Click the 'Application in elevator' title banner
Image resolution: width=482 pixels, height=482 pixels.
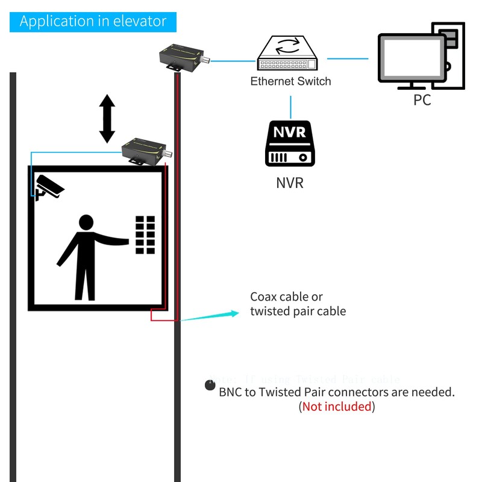click(93, 21)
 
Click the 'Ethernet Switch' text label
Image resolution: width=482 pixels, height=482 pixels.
click(290, 81)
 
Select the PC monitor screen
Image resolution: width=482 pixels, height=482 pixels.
click(412, 58)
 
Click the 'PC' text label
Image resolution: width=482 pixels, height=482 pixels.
click(422, 100)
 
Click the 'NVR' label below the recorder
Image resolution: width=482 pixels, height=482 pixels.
click(290, 183)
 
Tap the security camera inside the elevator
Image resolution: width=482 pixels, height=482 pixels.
click(48, 187)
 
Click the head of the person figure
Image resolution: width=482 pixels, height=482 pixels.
click(86, 223)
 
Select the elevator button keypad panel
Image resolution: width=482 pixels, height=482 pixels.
click(145, 234)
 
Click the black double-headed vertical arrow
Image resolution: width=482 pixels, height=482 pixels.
click(107, 118)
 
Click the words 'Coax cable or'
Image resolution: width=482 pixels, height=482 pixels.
click(286, 297)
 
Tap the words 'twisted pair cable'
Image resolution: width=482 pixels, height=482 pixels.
click(298, 311)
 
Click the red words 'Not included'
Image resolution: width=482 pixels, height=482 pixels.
click(337, 407)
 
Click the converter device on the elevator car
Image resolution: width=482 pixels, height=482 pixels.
click(145, 149)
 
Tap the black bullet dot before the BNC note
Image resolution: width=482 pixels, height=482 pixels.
click(210, 386)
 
